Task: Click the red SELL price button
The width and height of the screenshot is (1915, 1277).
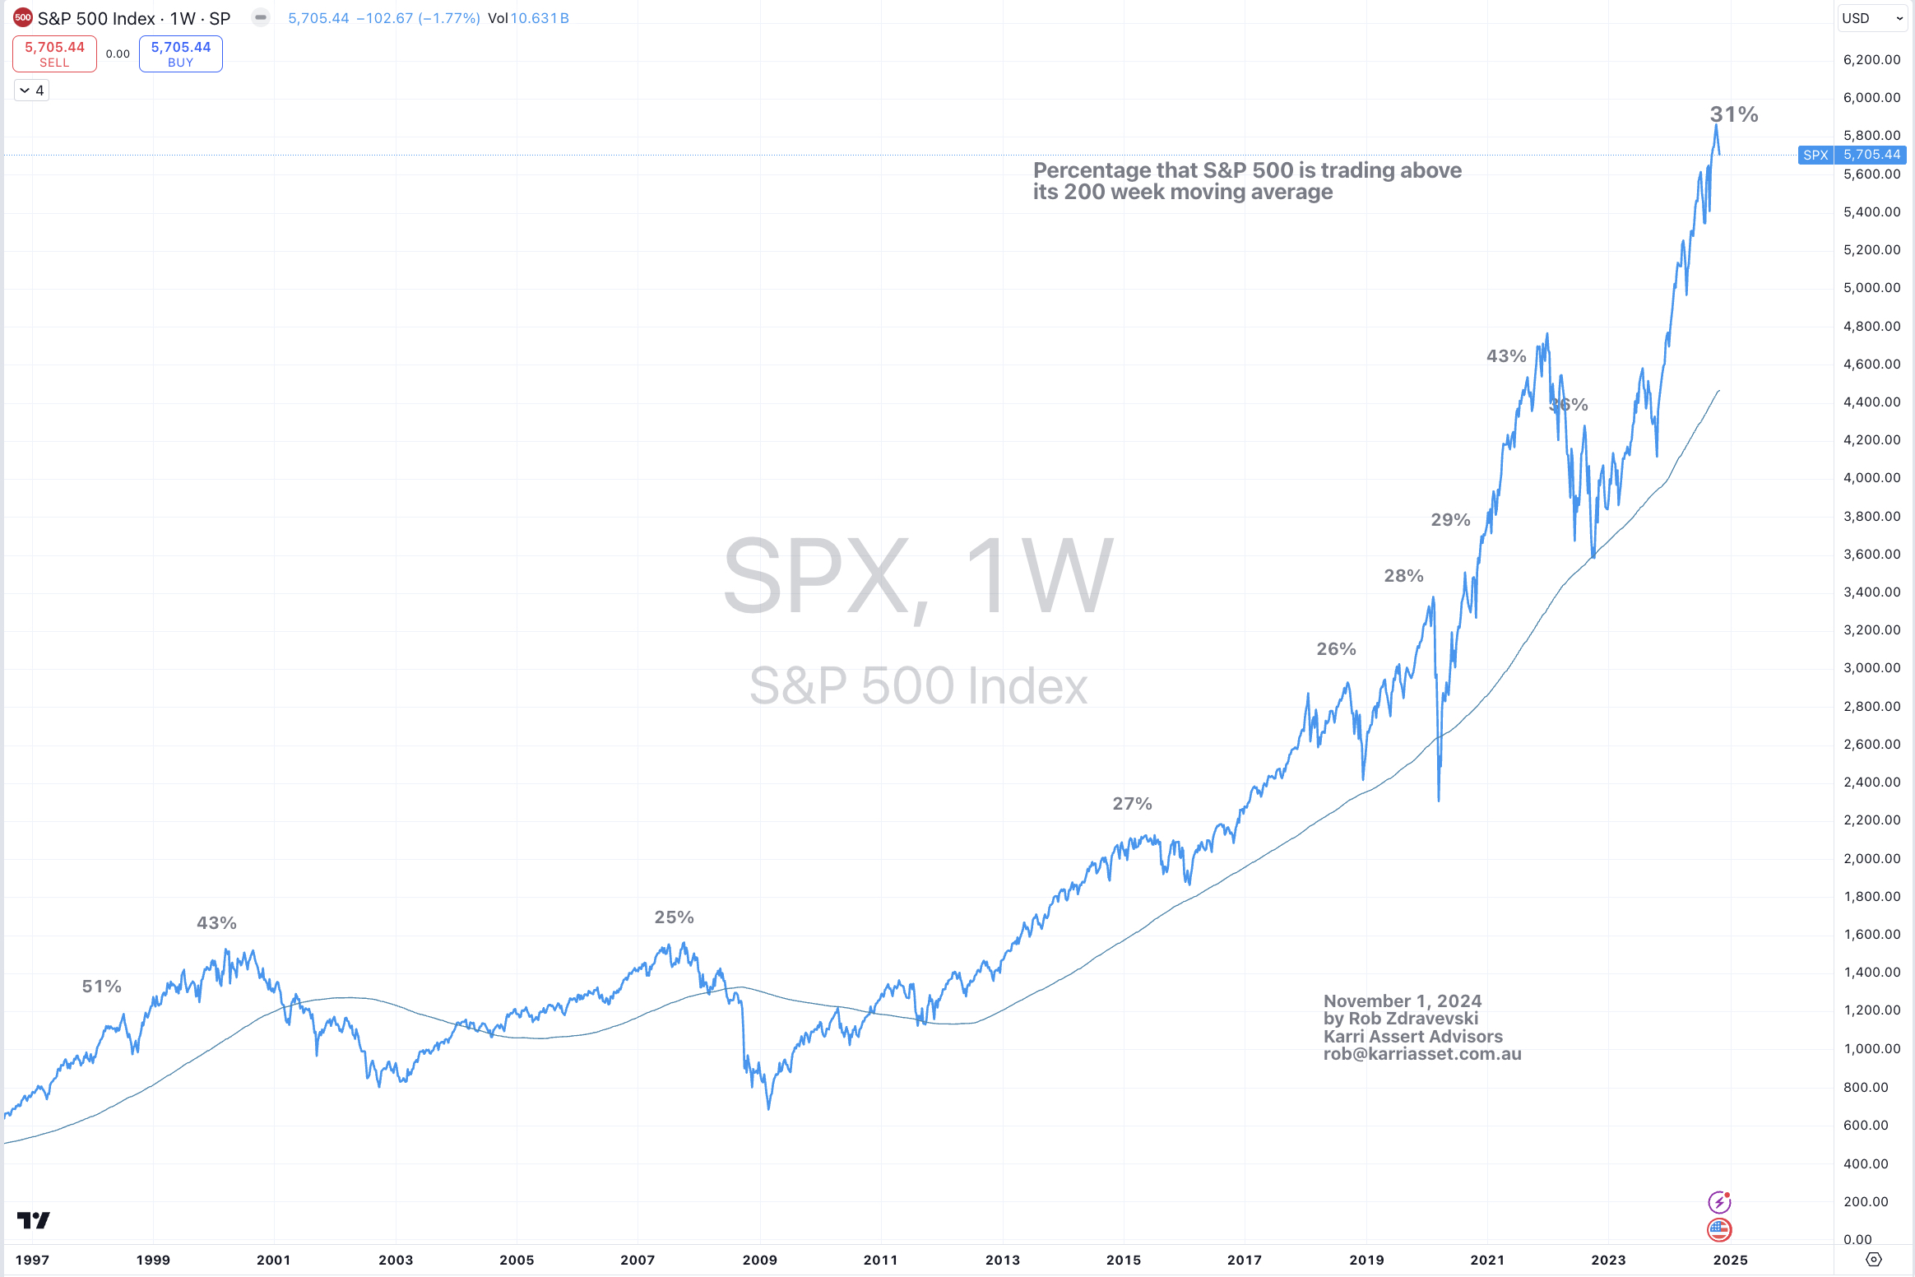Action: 54,54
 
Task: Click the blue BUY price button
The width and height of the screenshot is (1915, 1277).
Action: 180,54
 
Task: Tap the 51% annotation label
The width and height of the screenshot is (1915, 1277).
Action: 101,986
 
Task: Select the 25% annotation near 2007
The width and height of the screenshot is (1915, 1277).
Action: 674,917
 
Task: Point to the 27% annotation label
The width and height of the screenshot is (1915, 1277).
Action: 1132,803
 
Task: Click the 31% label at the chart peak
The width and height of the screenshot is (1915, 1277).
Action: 1734,114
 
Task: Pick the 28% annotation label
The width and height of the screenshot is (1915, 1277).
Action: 1403,575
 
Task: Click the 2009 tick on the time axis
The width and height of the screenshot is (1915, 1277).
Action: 759,1260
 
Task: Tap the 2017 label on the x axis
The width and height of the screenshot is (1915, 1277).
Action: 1244,1260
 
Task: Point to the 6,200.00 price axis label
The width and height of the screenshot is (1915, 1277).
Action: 1871,59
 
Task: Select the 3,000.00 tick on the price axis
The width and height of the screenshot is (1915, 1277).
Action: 1871,667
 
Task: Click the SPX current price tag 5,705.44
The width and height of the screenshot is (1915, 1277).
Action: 1871,155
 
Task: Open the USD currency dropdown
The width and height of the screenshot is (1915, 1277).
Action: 1872,18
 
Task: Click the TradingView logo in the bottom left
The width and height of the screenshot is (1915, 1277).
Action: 34,1219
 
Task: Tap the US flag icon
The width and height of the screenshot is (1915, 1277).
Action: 1719,1230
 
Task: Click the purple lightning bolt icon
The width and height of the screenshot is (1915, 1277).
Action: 1719,1202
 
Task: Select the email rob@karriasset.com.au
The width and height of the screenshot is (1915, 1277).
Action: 1421,1054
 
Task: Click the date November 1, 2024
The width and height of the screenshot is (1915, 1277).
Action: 1402,1001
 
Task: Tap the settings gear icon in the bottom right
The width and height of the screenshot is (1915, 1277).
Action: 1873,1260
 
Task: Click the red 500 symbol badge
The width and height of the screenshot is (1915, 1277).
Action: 23,17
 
